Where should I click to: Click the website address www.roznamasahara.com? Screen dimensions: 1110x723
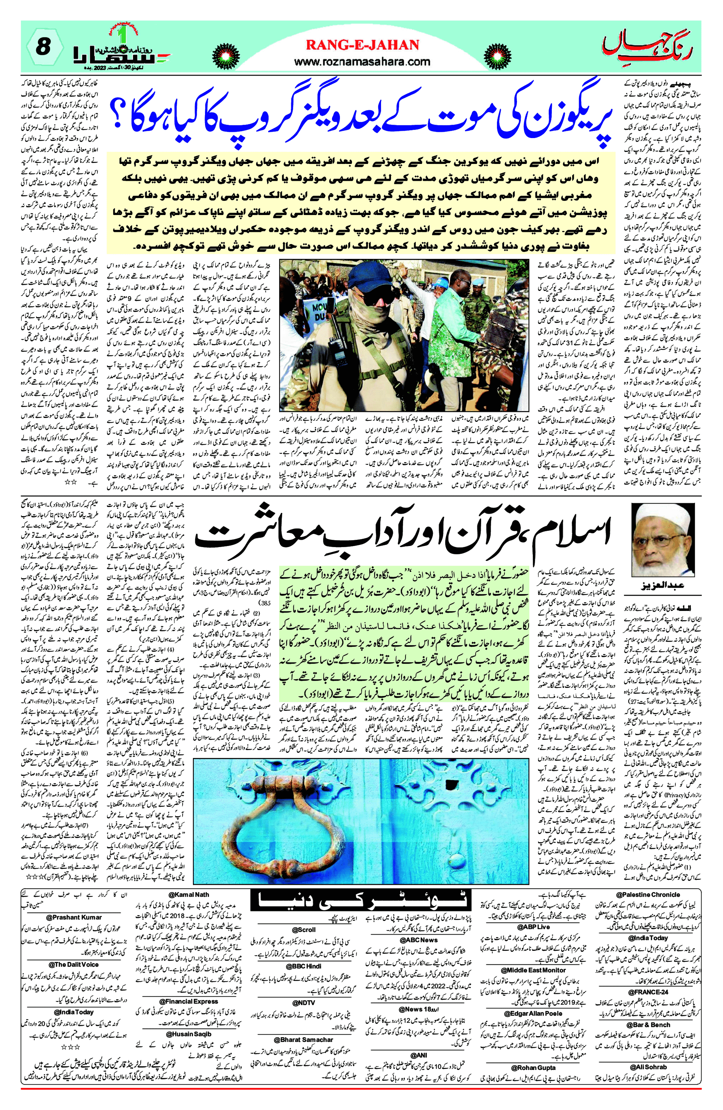click(362, 61)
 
